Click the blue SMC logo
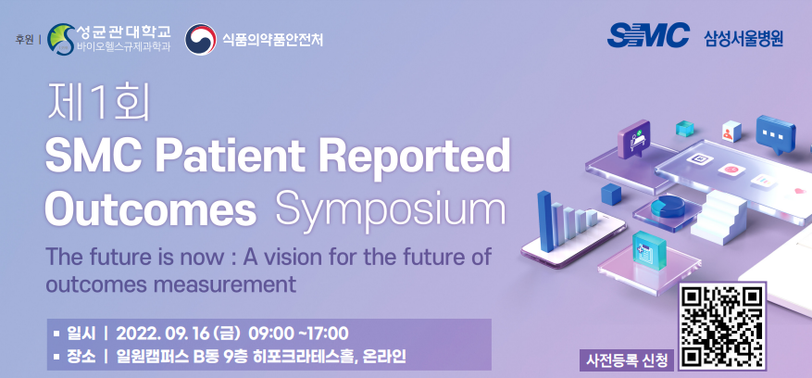coord(648,36)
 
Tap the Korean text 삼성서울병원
coord(743,38)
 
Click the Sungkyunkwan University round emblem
coord(61,40)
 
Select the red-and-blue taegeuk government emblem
coord(200,40)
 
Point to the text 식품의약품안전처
coord(272,40)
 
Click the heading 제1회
coord(98,103)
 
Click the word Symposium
coord(391,210)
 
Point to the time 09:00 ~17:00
coord(298,333)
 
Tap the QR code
coord(722,325)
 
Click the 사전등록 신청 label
coord(627,359)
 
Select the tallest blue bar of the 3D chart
coord(544,221)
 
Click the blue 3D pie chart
coord(668,207)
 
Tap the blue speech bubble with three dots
coord(775,134)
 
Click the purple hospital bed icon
coord(634,138)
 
